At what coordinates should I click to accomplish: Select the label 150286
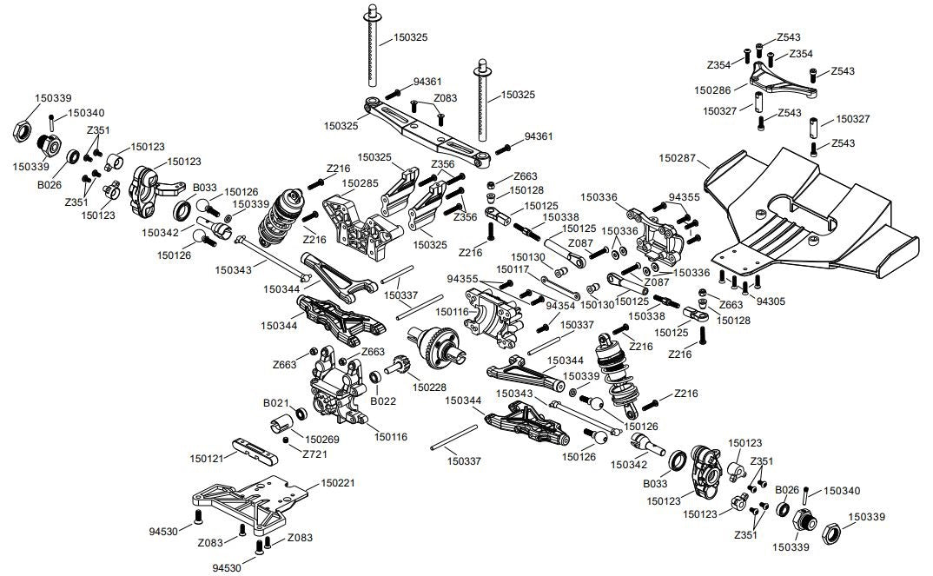point(713,89)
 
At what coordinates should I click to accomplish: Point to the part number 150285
point(360,183)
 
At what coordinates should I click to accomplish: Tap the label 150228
point(430,387)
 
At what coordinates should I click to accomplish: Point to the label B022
point(383,401)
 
